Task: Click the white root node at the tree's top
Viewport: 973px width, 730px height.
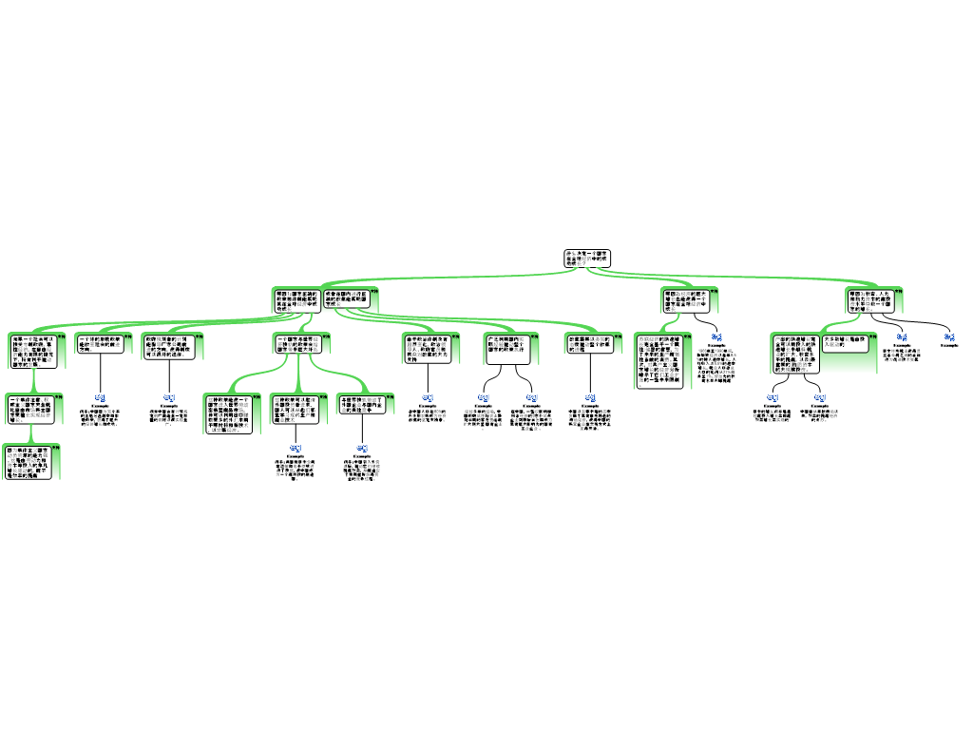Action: (586, 258)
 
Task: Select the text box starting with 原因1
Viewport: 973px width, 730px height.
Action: (296, 300)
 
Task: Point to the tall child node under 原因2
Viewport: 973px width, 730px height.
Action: (661, 360)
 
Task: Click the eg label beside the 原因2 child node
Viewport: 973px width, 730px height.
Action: (716, 336)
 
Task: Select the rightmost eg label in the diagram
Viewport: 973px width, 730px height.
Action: (949, 336)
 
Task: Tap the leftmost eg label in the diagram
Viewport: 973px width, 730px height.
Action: (100, 397)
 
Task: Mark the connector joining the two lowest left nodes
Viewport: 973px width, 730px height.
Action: (31, 433)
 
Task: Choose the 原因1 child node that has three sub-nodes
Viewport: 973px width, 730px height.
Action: (300, 344)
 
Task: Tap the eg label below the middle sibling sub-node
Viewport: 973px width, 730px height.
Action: (296, 447)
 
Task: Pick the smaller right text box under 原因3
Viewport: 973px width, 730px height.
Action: (846, 343)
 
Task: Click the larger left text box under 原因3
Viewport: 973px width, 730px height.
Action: (795, 354)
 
